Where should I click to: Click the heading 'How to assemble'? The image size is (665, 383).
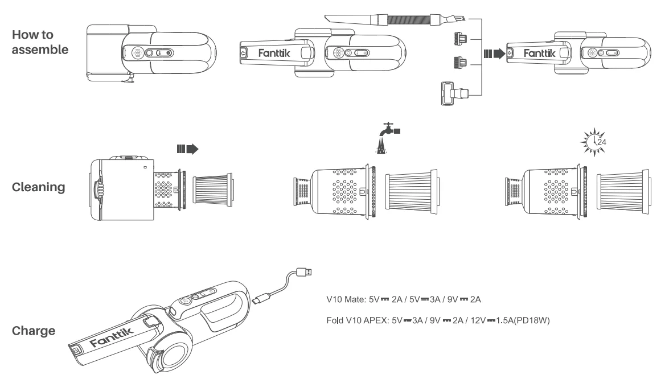(39, 41)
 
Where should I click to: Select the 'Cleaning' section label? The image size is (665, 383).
(39, 186)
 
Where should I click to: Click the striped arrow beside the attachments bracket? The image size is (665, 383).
(493, 55)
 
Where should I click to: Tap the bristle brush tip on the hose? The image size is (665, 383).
(455, 20)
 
